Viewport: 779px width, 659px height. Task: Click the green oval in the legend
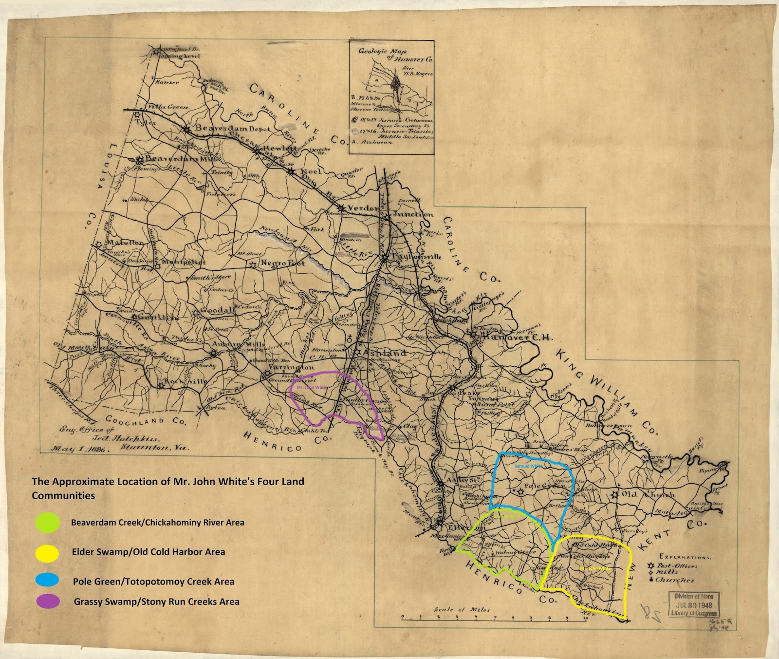[x=48, y=523]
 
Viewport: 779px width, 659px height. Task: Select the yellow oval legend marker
[x=48, y=552]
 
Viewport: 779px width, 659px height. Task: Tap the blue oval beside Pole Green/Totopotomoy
[x=48, y=580]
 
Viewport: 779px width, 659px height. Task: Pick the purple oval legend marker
[x=48, y=601]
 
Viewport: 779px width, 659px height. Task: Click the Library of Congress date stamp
[x=693, y=604]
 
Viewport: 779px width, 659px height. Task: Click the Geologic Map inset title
[x=394, y=55]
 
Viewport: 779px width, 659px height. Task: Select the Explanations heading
[x=684, y=557]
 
